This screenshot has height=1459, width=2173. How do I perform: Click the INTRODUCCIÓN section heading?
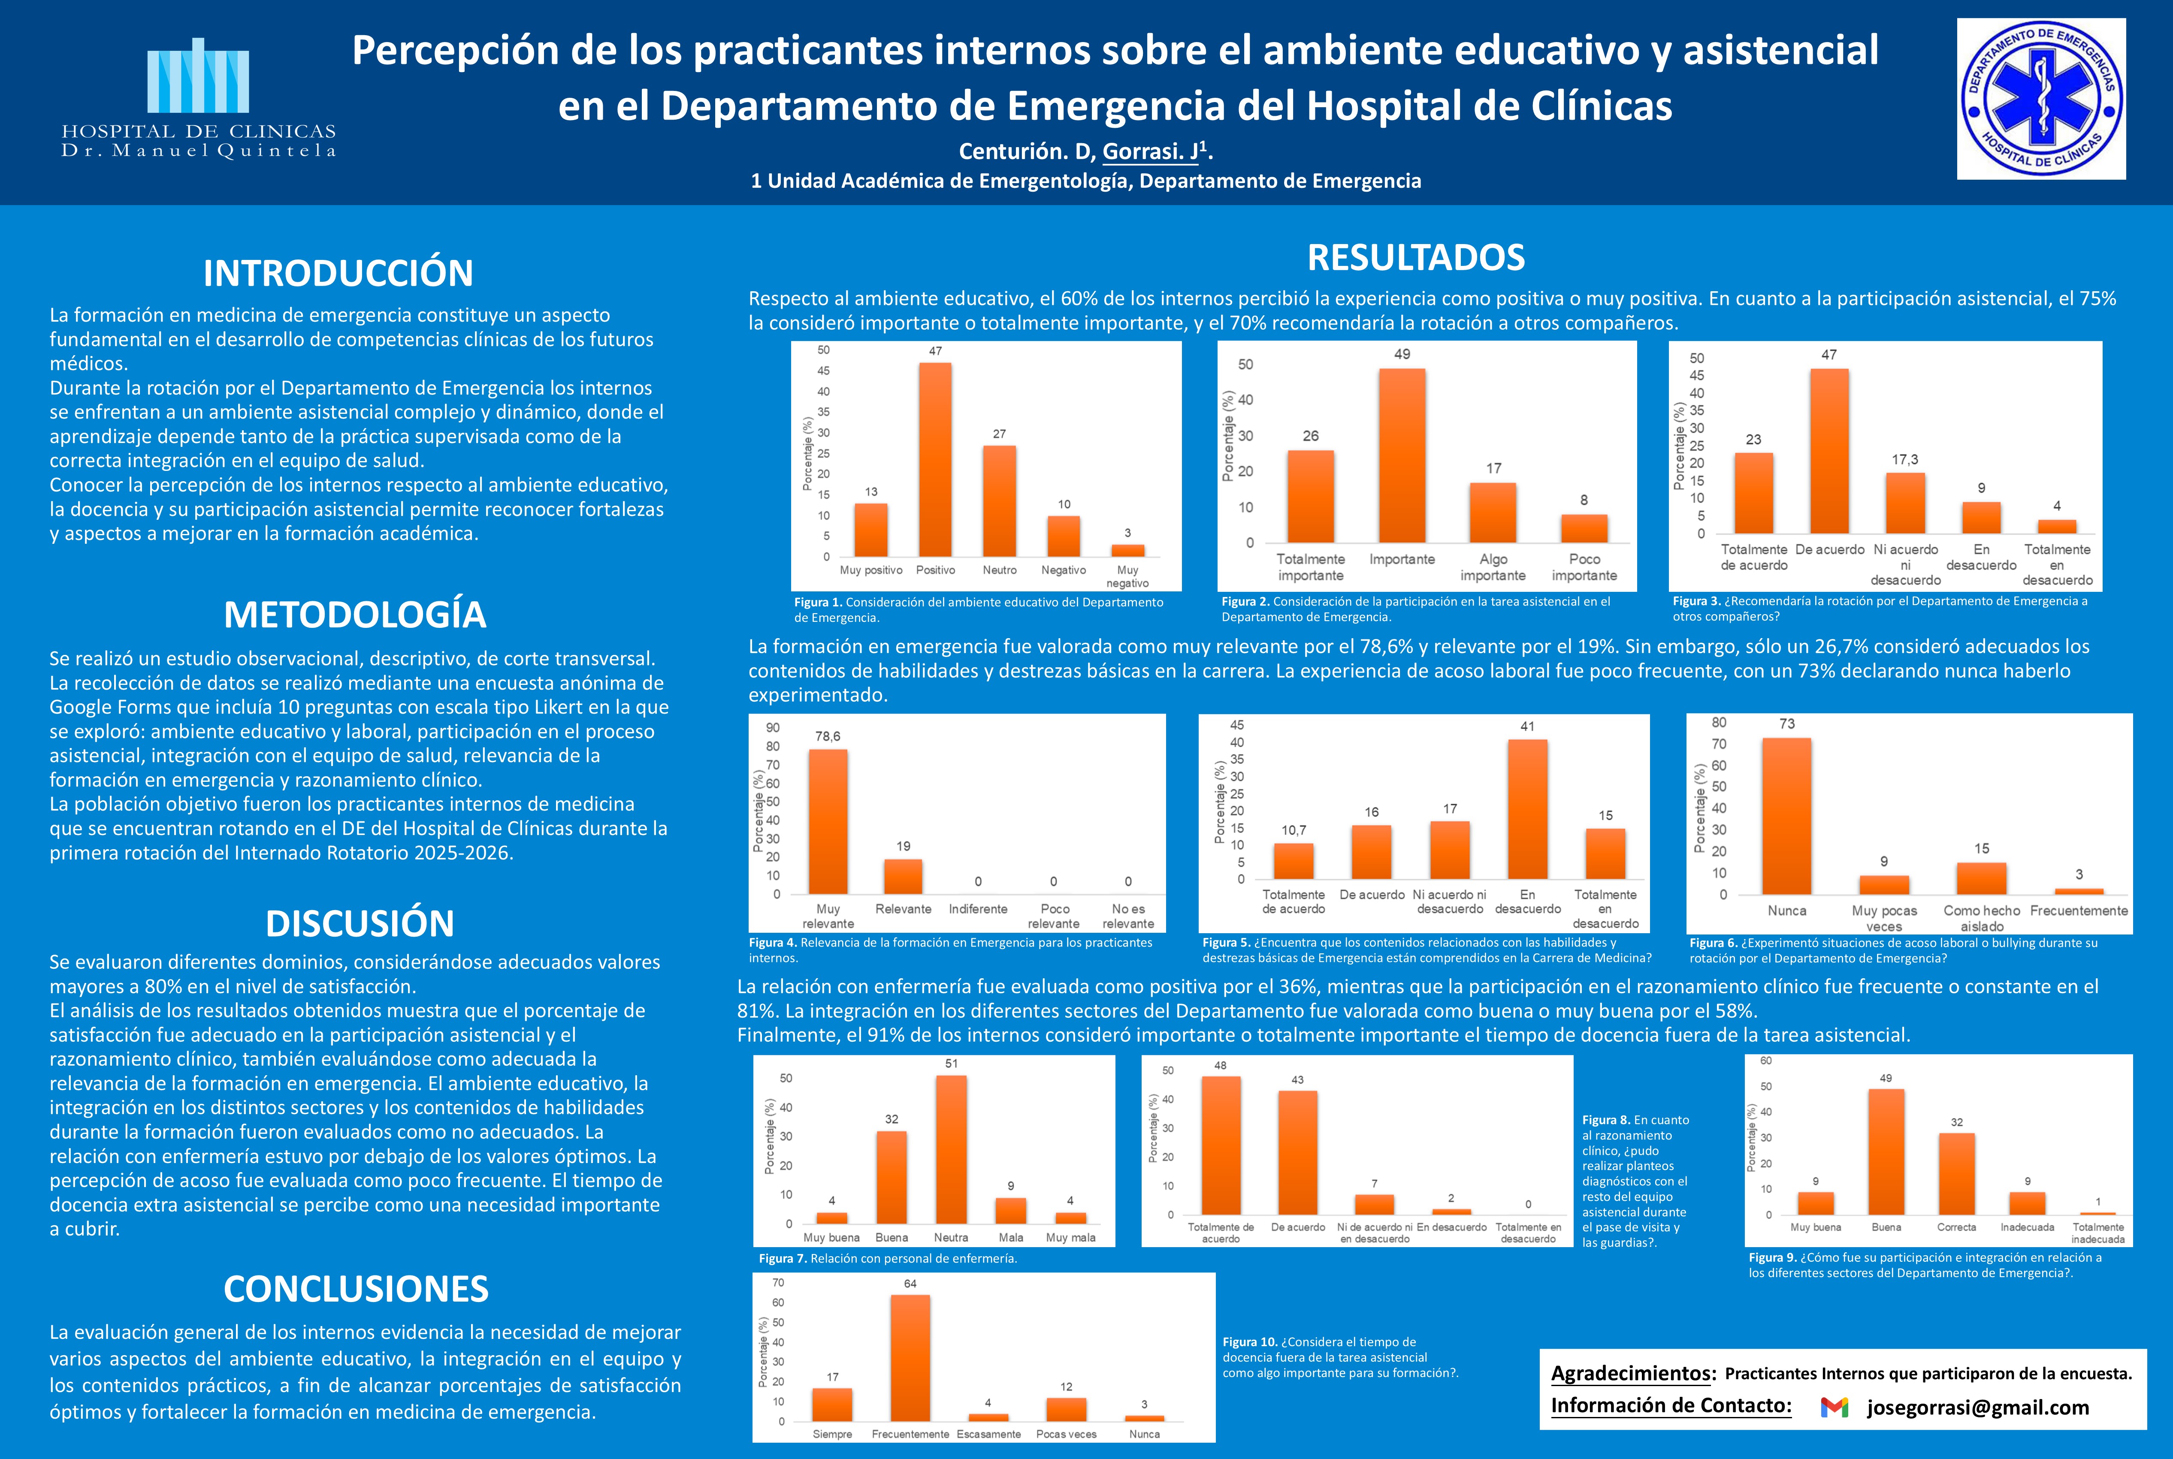pyautogui.click(x=338, y=274)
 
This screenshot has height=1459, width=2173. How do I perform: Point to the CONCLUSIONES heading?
pyautogui.click(x=356, y=1289)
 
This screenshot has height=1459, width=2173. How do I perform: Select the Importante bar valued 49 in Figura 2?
pyautogui.click(x=1402, y=456)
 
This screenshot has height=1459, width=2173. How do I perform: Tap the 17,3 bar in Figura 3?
pyautogui.click(x=1905, y=503)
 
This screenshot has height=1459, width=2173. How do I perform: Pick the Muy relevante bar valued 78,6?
pyautogui.click(x=827, y=822)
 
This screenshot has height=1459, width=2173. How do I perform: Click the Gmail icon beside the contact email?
pyautogui.click(x=1833, y=1408)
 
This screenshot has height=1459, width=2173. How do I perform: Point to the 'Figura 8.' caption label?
pyautogui.click(x=1605, y=1120)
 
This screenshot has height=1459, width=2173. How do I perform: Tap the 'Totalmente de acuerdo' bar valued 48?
pyautogui.click(x=1220, y=1145)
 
